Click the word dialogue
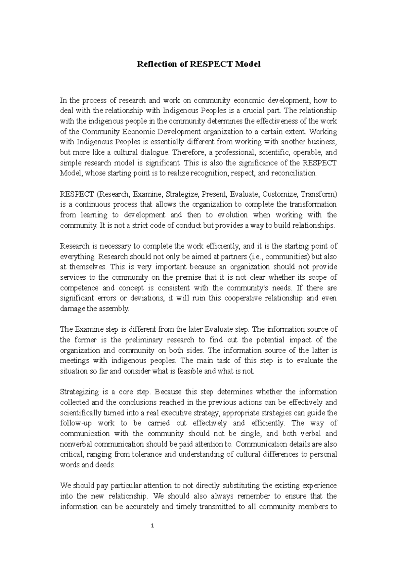coord(157,152)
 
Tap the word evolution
coord(233,215)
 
